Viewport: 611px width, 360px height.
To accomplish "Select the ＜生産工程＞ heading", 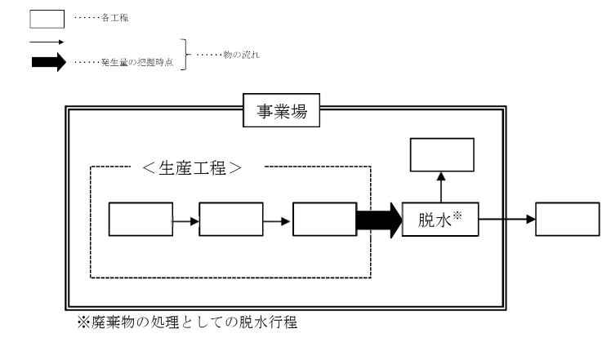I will (201, 170).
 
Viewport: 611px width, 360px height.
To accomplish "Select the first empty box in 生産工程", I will (140, 220).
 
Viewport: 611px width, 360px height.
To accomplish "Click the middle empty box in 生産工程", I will (230, 220).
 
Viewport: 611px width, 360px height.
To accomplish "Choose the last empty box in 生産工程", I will (323, 220).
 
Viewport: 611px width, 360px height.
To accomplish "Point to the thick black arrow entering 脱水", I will (377, 220).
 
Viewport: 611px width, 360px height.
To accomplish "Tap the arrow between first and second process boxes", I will (184, 220).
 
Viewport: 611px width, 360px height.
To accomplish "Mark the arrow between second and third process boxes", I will (276, 220).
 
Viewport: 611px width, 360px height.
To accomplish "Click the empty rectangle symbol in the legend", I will (47, 19).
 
